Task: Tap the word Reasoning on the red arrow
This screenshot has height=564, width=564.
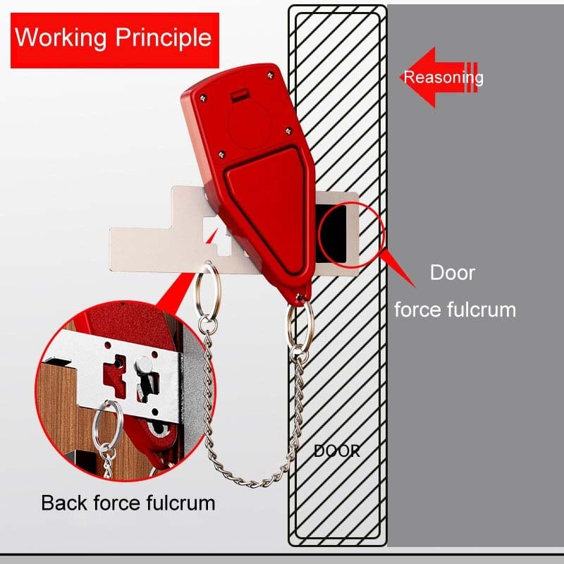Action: (x=443, y=78)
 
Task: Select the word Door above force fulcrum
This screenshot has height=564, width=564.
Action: (x=453, y=273)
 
